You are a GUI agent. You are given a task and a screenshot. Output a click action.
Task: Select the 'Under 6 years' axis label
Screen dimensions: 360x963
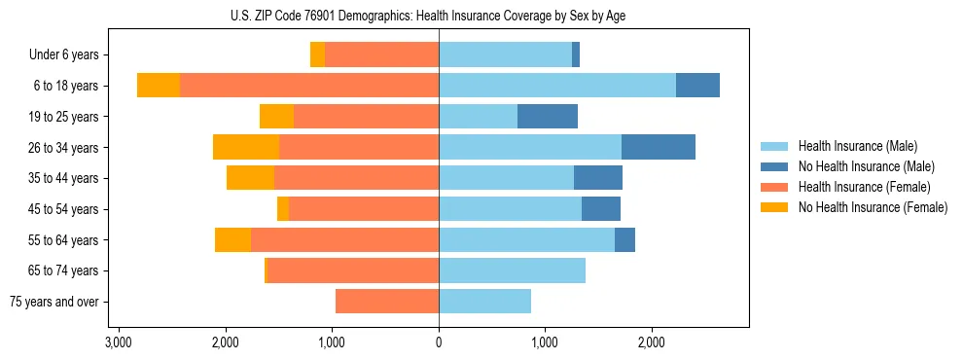[70, 55]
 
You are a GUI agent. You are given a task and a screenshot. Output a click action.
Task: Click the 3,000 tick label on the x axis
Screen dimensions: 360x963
[119, 342]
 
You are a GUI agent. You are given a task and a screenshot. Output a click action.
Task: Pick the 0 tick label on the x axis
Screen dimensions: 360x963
[439, 342]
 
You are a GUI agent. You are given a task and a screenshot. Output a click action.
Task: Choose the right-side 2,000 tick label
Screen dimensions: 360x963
[652, 342]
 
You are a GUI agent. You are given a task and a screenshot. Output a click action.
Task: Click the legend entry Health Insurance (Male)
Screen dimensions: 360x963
[857, 146]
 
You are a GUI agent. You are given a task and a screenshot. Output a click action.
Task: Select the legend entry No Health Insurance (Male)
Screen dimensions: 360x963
[866, 166]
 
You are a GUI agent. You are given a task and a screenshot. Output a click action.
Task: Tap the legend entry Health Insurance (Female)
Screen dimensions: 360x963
[864, 187]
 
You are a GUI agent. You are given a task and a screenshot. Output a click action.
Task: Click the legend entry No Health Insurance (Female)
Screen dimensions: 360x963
[873, 207]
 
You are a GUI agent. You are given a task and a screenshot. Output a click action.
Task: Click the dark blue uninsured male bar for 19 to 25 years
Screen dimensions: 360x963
[548, 117]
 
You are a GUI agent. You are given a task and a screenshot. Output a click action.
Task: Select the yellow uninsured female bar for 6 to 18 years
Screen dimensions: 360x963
[159, 86]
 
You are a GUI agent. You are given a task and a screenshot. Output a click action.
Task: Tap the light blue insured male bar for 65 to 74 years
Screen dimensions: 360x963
[512, 270]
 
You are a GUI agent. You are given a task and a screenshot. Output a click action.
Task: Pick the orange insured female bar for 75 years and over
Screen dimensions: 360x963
[387, 302]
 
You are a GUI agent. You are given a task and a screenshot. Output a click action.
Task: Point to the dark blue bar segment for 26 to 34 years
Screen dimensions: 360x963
[659, 148]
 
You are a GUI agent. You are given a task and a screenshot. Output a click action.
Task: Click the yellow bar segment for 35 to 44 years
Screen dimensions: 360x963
[250, 178]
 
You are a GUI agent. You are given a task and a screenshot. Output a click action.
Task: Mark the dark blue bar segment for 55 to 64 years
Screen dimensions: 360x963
[624, 239]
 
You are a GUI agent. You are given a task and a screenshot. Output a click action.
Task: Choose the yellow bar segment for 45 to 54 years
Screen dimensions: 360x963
[283, 209]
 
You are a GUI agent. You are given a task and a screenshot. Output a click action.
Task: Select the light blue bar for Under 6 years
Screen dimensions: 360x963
[505, 55]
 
